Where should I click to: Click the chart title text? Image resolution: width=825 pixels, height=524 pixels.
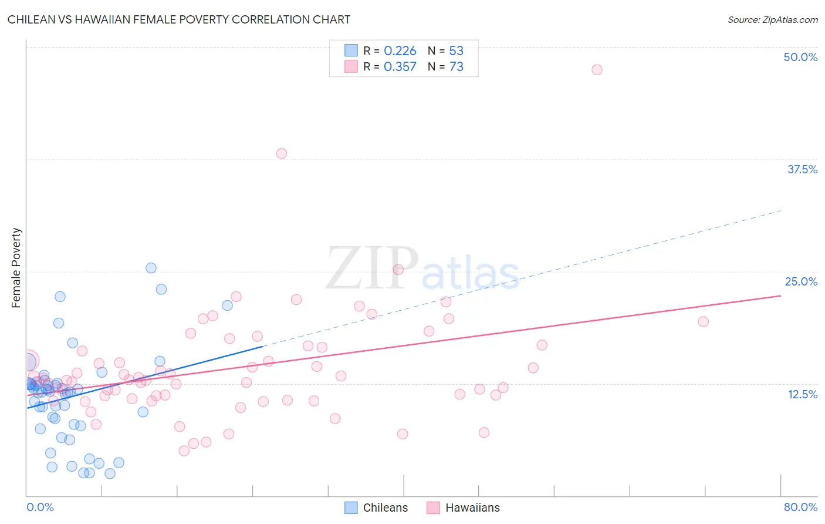(x=179, y=19)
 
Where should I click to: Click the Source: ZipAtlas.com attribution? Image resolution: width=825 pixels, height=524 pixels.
(x=772, y=19)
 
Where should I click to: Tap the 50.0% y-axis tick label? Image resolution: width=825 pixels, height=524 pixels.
(x=800, y=57)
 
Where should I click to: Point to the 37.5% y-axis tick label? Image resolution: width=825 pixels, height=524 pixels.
(x=802, y=169)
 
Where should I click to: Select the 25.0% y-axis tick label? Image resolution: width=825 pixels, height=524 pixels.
(x=801, y=281)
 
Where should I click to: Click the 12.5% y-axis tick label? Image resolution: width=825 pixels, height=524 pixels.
(x=802, y=394)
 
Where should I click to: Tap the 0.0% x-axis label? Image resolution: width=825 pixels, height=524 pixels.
(x=40, y=507)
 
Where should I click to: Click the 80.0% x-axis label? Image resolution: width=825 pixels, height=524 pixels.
(x=800, y=507)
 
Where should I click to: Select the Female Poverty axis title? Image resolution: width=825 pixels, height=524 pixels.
(x=16, y=268)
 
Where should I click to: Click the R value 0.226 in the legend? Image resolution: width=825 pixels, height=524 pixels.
(x=400, y=51)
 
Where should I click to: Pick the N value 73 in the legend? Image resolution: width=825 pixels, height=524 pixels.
(x=456, y=67)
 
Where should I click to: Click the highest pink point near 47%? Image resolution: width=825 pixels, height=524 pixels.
(x=597, y=70)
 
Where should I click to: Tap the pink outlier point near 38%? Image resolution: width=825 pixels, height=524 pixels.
(x=282, y=153)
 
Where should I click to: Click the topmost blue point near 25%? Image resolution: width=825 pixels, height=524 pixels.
(x=151, y=268)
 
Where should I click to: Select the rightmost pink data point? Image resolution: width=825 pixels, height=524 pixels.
(x=703, y=321)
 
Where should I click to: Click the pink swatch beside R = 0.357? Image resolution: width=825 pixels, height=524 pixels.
(x=351, y=66)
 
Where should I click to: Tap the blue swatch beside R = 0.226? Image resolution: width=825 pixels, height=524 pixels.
(x=351, y=51)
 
